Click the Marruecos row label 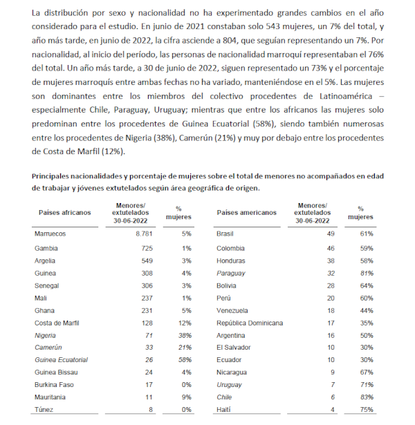pyautogui.click(x=50, y=234)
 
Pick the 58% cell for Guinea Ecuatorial pyautogui.click(x=183, y=359)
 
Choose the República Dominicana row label pyautogui.click(x=249, y=322)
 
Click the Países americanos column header pyautogui.click(x=247, y=213)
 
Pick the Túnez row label pyautogui.click(x=44, y=410)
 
